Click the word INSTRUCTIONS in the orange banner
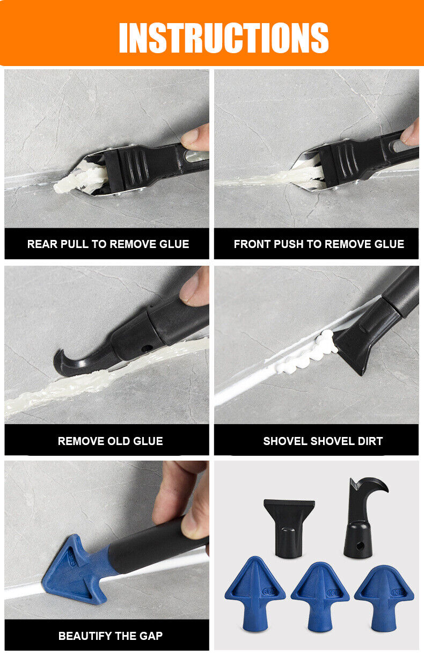point(223,38)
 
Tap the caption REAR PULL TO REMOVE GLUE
point(108,244)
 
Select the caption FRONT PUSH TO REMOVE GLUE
point(319,244)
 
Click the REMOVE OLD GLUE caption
point(110,441)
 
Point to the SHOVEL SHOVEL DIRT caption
point(323,441)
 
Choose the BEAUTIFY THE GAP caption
point(110,636)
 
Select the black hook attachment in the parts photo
point(361,515)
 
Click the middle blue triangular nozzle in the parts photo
point(320,593)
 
